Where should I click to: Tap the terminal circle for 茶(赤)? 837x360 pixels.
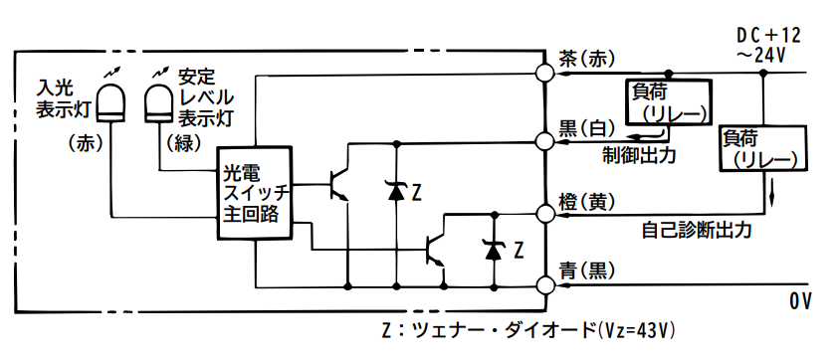click(x=544, y=74)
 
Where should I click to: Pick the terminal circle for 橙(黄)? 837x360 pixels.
click(x=544, y=213)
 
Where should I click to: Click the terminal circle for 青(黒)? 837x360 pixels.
click(x=544, y=284)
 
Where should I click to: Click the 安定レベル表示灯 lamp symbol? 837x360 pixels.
click(x=158, y=100)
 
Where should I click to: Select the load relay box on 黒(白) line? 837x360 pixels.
click(x=668, y=103)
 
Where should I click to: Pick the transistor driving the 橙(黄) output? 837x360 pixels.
click(x=436, y=249)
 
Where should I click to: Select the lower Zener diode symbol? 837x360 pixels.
click(x=492, y=251)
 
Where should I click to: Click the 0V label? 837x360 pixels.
click(x=801, y=299)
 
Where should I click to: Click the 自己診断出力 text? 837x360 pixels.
click(x=696, y=230)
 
